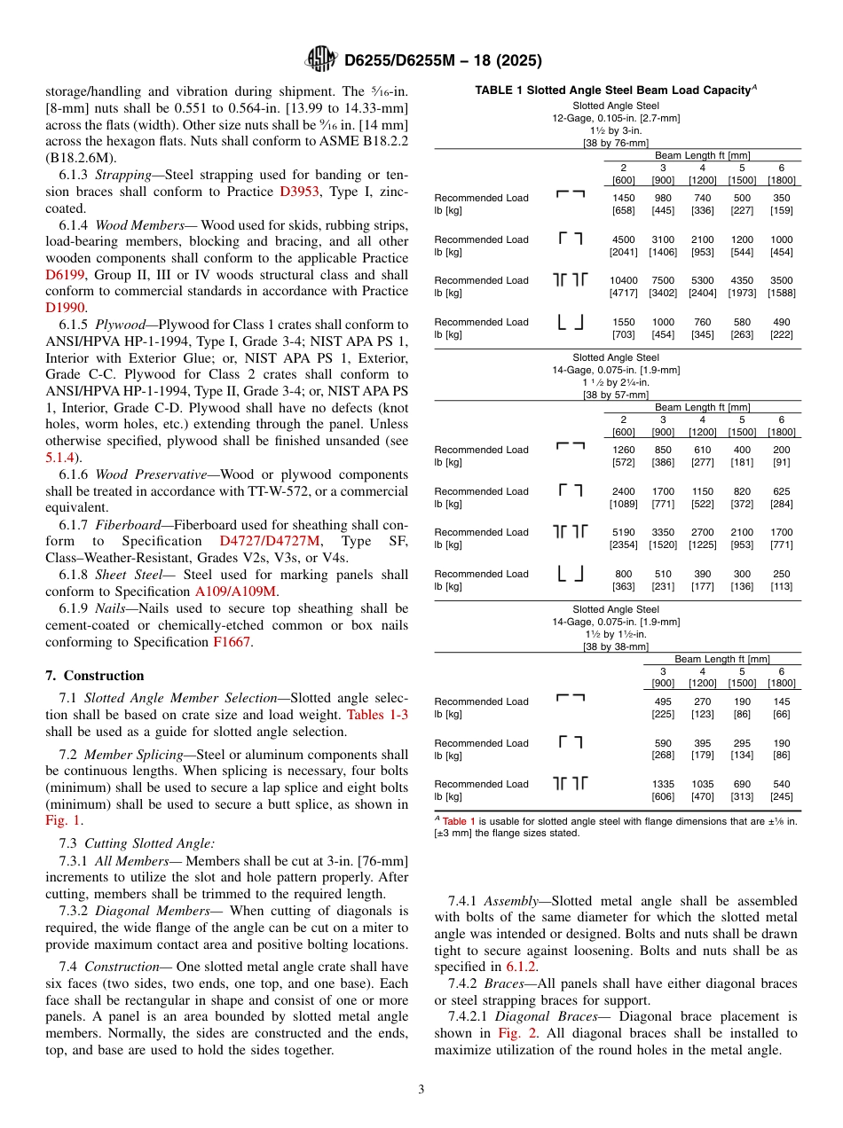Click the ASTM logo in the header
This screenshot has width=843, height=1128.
click(x=320, y=59)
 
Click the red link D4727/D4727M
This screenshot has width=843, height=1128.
click(x=270, y=541)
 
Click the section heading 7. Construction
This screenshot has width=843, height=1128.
click(x=95, y=676)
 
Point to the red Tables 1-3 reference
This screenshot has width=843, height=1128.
click(x=377, y=715)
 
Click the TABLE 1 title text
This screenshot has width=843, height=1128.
click(x=612, y=90)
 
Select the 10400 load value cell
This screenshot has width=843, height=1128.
click(x=624, y=280)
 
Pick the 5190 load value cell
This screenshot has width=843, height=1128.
click(x=624, y=532)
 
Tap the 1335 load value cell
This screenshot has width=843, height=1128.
click(x=663, y=784)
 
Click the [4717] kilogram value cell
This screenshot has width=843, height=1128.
click(x=624, y=293)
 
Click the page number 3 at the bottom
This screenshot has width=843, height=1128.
click(x=421, y=1089)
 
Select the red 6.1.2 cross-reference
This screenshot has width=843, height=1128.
click(x=521, y=967)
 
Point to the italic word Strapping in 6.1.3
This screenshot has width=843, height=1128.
click(x=123, y=175)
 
